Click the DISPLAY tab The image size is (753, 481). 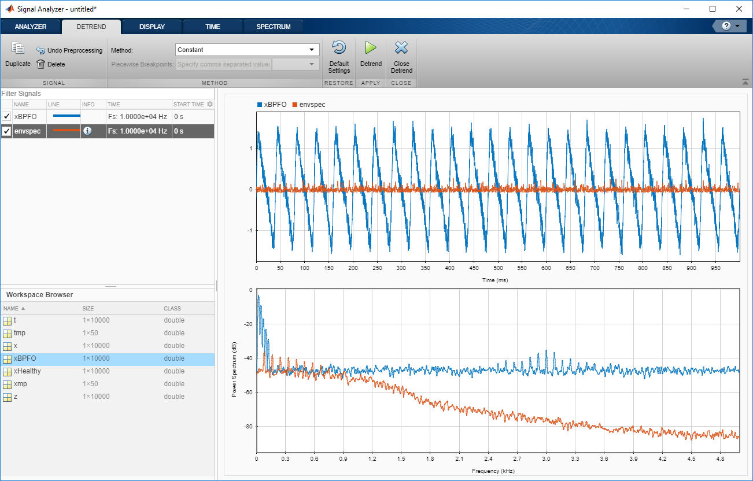pos(152,27)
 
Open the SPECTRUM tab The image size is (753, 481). pos(274,27)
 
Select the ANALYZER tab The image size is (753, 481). pos(31,27)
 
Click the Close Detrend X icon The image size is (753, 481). pos(401,48)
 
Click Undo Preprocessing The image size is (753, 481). pos(69,50)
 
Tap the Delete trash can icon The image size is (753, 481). pos(41,64)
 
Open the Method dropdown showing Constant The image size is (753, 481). pos(248,50)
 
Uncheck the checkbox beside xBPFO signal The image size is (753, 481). pos(6,116)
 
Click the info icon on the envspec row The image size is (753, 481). pos(87,131)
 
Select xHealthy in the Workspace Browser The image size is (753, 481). pos(27,371)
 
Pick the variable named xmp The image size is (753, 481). pos(20,384)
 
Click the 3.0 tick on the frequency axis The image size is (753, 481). pos(546,458)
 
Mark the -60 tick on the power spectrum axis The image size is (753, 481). pos(249,393)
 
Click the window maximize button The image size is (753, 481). pos(713,9)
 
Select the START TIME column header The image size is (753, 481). pos(189,105)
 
